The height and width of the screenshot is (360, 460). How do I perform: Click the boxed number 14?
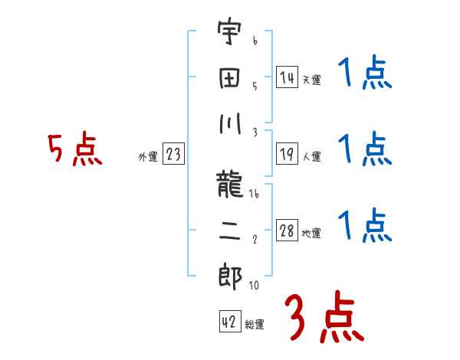click(x=287, y=77)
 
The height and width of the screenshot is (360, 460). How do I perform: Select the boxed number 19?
click(x=287, y=154)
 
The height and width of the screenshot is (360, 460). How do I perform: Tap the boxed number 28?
click(x=287, y=231)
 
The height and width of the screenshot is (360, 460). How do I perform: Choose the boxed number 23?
click(x=173, y=155)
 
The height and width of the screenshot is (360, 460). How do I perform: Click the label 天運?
click(x=311, y=80)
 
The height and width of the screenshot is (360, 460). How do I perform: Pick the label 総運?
click(x=255, y=324)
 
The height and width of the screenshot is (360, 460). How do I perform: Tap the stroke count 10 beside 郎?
click(x=253, y=286)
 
